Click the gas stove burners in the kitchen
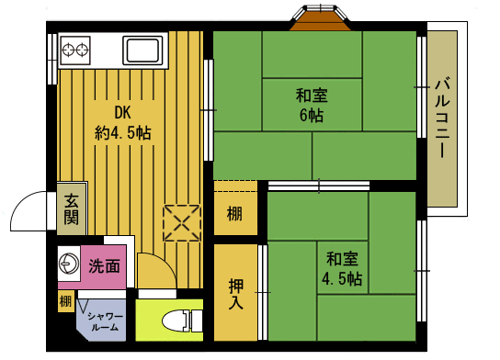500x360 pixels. [x=74, y=48]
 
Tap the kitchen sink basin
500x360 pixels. [x=142, y=50]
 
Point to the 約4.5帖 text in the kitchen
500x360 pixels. [x=122, y=133]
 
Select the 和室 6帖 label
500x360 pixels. [x=310, y=105]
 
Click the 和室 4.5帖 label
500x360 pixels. [x=341, y=267]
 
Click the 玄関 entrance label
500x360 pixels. [x=71, y=211]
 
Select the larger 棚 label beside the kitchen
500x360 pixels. [x=235, y=216]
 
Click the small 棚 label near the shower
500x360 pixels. [x=65, y=301]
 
